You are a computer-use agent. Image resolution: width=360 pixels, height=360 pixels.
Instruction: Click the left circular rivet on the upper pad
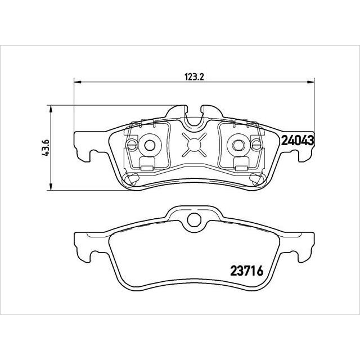pyautogui.click(x=150, y=145)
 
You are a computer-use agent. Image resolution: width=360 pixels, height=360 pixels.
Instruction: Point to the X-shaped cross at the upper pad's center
pyautogui.click(x=193, y=145)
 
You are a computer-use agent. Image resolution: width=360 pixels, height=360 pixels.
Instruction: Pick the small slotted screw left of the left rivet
pyautogui.click(x=131, y=147)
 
